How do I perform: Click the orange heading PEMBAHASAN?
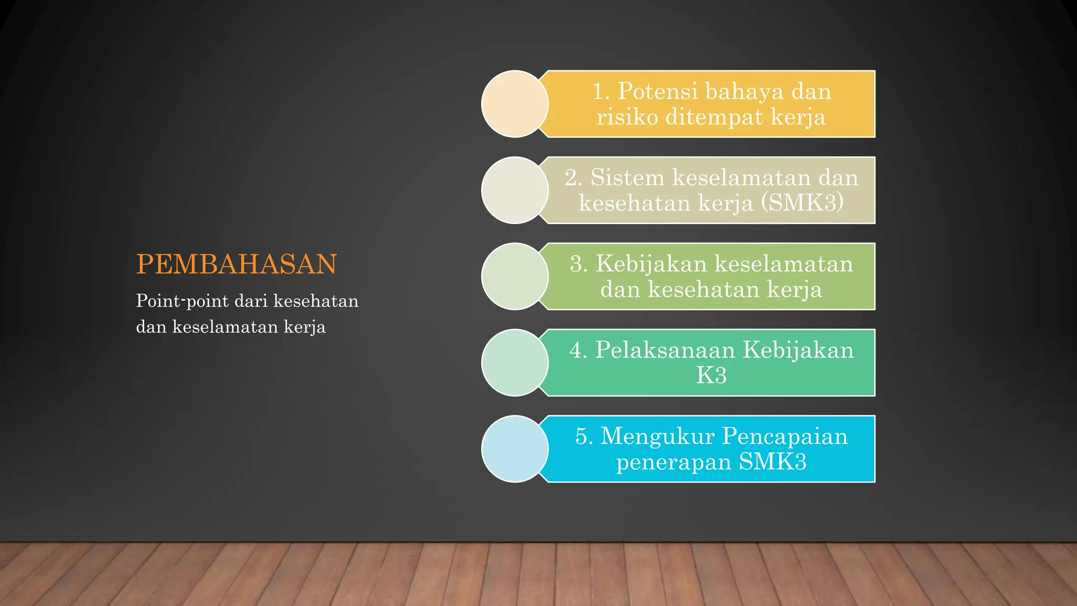236,264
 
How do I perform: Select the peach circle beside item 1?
514,104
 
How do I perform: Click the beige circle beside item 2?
514,190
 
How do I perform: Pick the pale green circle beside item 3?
514,277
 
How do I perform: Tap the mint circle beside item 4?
514,363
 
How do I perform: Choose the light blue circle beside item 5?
514,449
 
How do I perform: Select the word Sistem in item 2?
627,178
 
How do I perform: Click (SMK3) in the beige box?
802,203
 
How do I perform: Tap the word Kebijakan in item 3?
651,264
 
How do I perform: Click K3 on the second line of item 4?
711,376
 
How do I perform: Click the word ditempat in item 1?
714,117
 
